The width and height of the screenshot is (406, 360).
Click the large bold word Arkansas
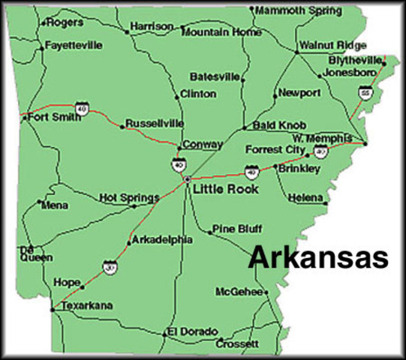318,256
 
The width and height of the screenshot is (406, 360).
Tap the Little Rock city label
225,189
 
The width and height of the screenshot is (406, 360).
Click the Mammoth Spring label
299,10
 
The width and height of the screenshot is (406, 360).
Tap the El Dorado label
193,331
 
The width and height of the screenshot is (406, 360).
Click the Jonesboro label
348,73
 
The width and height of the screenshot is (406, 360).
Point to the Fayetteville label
74,45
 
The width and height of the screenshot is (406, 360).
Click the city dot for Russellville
122,127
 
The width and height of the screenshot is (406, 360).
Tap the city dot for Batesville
242,77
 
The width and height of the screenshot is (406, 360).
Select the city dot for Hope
83,286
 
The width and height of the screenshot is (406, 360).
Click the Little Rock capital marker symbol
186,179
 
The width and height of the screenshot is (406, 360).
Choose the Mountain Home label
221,32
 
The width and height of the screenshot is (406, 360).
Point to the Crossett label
237,344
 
